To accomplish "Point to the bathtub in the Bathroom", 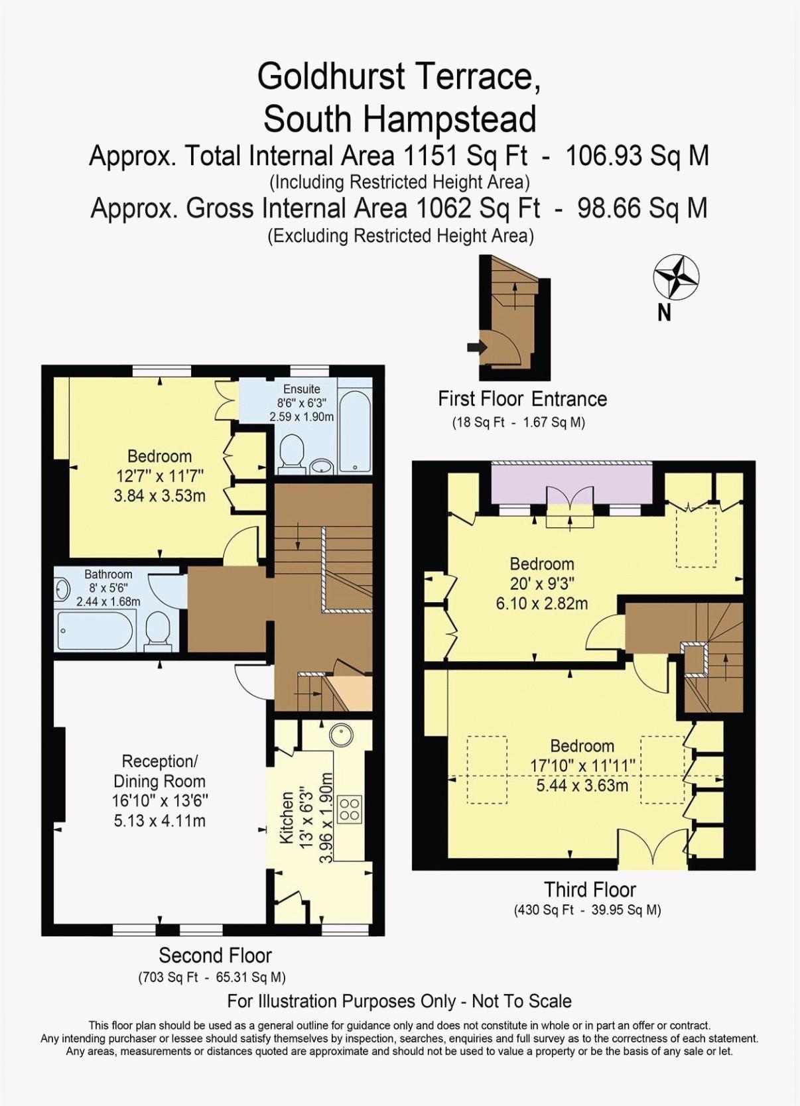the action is pyautogui.click(x=96, y=631).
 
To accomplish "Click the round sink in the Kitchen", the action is pyautogui.click(x=341, y=737).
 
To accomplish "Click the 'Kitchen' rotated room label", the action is pyautogui.click(x=287, y=817).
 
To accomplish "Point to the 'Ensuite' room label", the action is pyautogui.click(x=302, y=389).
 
